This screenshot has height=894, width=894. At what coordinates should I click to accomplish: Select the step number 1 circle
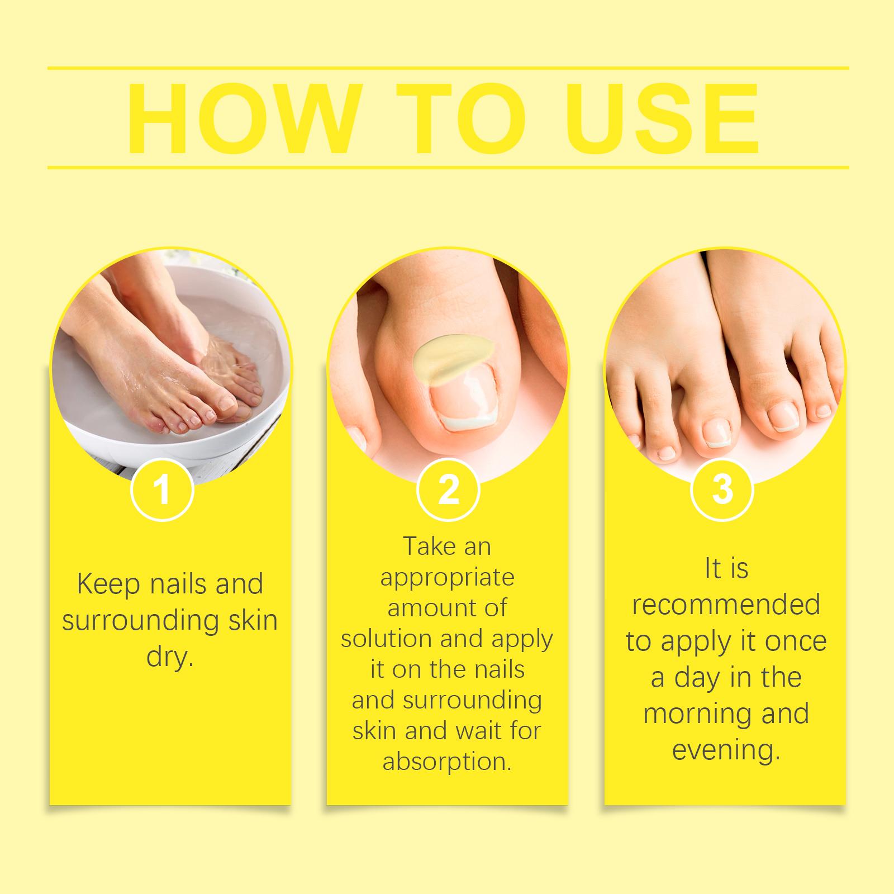[162, 490]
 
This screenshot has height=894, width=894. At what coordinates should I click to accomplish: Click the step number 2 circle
[448, 490]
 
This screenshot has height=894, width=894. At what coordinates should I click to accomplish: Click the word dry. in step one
[169, 658]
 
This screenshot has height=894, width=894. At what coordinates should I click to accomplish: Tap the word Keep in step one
[108, 585]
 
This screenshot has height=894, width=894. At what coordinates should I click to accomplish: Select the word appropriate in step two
[447, 577]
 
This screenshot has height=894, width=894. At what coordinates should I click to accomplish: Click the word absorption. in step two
[447, 762]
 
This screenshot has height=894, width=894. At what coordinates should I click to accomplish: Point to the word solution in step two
[387, 639]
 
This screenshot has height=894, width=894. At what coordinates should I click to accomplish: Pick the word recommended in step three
[726, 605]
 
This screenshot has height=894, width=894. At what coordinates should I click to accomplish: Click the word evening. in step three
[726, 750]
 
